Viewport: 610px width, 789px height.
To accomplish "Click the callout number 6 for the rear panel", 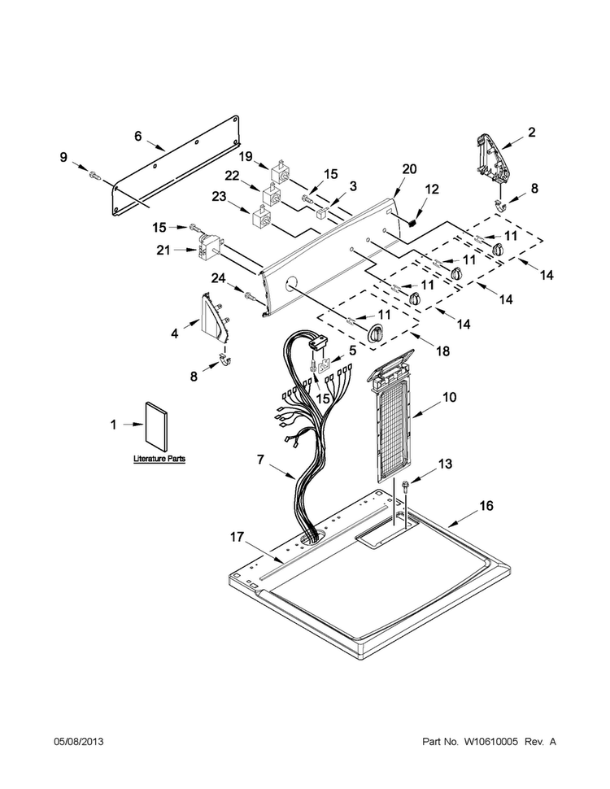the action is pos(138,137).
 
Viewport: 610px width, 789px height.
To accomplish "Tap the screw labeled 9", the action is pos(94,175).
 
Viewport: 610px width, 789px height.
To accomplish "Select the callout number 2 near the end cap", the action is pos(531,133).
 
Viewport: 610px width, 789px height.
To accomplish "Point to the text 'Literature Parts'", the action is pos(159,459).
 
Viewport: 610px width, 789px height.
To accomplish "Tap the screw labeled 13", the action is pos(405,487).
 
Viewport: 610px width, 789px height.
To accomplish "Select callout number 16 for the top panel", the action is pos(486,506).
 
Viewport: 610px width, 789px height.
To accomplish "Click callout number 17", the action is pos(237,538).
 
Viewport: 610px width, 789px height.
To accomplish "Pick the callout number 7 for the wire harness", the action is pos(260,460).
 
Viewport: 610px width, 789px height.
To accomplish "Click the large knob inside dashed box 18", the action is pos(374,333).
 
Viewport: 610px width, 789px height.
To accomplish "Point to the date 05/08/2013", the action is pos(79,742).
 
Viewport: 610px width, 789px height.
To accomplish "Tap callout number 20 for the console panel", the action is pos(409,169).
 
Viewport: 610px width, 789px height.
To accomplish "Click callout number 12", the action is pos(432,190).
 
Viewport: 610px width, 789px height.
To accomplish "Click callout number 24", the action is pos(218,277).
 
